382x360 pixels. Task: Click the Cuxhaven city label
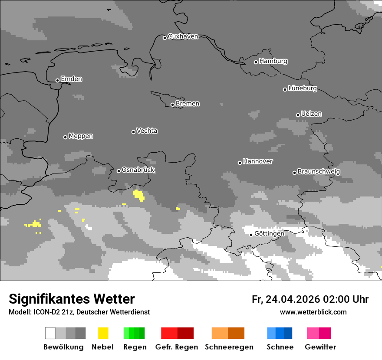click(183, 36)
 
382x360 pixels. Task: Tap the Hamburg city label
click(273, 61)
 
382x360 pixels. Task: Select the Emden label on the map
click(71, 79)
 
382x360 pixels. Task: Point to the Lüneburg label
click(302, 88)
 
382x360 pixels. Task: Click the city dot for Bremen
click(172, 105)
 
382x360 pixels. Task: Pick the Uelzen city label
click(311, 114)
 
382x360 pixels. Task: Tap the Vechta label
click(147, 131)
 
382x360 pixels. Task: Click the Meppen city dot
click(65, 137)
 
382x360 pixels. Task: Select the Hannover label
click(257, 161)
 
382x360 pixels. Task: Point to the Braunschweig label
click(319, 171)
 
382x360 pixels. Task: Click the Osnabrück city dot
click(119, 171)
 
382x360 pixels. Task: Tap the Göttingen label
click(269, 233)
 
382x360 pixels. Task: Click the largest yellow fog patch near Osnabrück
click(139, 195)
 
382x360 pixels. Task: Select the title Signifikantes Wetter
click(72, 299)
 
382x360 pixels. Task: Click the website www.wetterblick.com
click(313, 312)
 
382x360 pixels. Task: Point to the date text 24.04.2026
click(293, 299)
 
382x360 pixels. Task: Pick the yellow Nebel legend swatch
click(103, 333)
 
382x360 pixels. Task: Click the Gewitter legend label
click(320, 347)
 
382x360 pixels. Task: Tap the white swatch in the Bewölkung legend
click(50, 333)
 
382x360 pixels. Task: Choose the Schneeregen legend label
click(229, 347)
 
